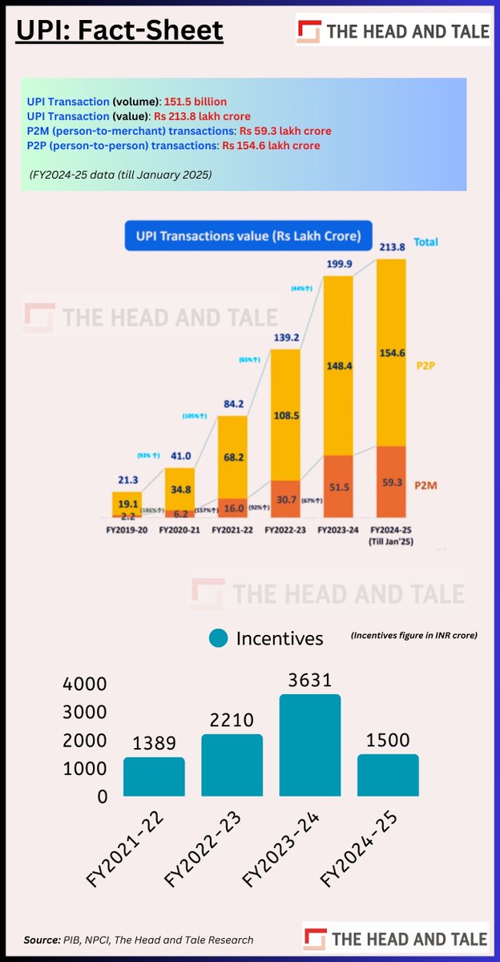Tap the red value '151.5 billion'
point(195,102)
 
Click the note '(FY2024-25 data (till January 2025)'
point(121,173)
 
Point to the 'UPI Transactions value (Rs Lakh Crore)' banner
point(248,236)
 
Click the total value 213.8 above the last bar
point(397,249)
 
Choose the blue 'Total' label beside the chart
point(426,241)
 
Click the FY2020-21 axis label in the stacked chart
point(180,530)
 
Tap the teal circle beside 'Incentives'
point(219,639)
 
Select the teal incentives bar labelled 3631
point(309,746)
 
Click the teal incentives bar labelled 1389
point(154,777)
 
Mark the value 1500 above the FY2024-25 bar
point(388,740)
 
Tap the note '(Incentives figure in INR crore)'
point(414,635)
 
